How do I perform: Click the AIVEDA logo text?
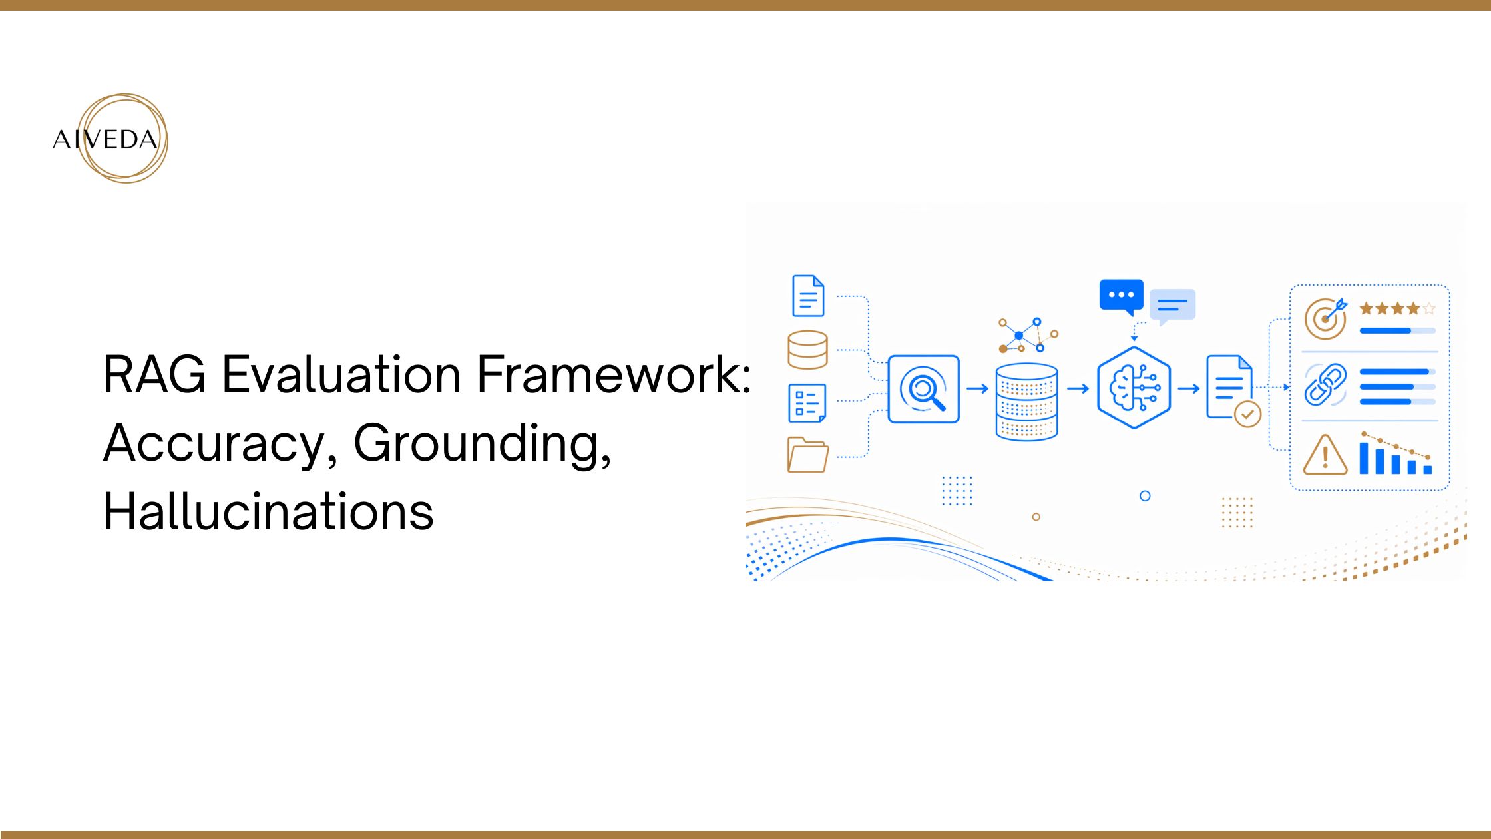[x=105, y=140]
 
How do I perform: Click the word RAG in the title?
[x=154, y=375]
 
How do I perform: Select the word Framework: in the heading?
[x=614, y=375]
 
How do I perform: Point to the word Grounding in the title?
[x=481, y=444]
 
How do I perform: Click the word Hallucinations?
[x=268, y=511]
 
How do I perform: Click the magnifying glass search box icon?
[x=923, y=390]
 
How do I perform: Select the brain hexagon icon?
[x=1134, y=388]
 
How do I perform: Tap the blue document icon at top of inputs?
[x=808, y=296]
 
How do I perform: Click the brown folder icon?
[x=807, y=455]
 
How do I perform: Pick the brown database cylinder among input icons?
[x=807, y=350]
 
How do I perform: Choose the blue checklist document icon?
[x=807, y=402]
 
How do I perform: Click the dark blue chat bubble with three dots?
[x=1122, y=296]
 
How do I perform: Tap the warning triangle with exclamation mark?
[x=1325, y=456]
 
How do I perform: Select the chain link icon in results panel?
[x=1325, y=385]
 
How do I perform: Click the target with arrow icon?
[x=1325, y=319]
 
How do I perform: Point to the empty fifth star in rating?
[x=1428, y=309]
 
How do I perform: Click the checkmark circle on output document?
[x=1247, y=414]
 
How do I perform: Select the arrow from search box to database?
[x=977, y=389]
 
